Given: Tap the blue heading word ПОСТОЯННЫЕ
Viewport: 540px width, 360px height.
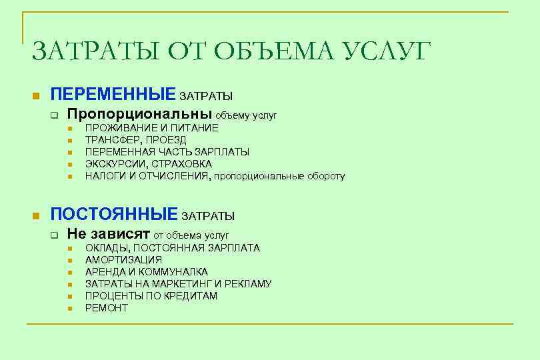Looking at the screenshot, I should coord(115,214).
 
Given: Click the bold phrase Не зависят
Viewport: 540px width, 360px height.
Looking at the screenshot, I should coord(109,234).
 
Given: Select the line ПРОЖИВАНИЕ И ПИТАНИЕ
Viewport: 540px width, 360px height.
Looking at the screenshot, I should coord(151,128).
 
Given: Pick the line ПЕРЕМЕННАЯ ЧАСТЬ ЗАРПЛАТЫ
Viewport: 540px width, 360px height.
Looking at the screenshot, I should coord(167,152).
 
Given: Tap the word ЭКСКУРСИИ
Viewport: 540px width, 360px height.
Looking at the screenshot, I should coord(114,164).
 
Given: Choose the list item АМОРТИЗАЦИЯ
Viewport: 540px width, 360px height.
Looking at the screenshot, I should coord(123,260).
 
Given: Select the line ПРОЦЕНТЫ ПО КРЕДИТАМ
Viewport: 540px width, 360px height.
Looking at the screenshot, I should coord(151,296).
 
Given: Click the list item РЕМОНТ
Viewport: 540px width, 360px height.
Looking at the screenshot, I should coord(106,308).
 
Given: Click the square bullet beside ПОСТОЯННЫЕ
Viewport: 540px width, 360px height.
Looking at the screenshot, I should coord(36,215).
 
